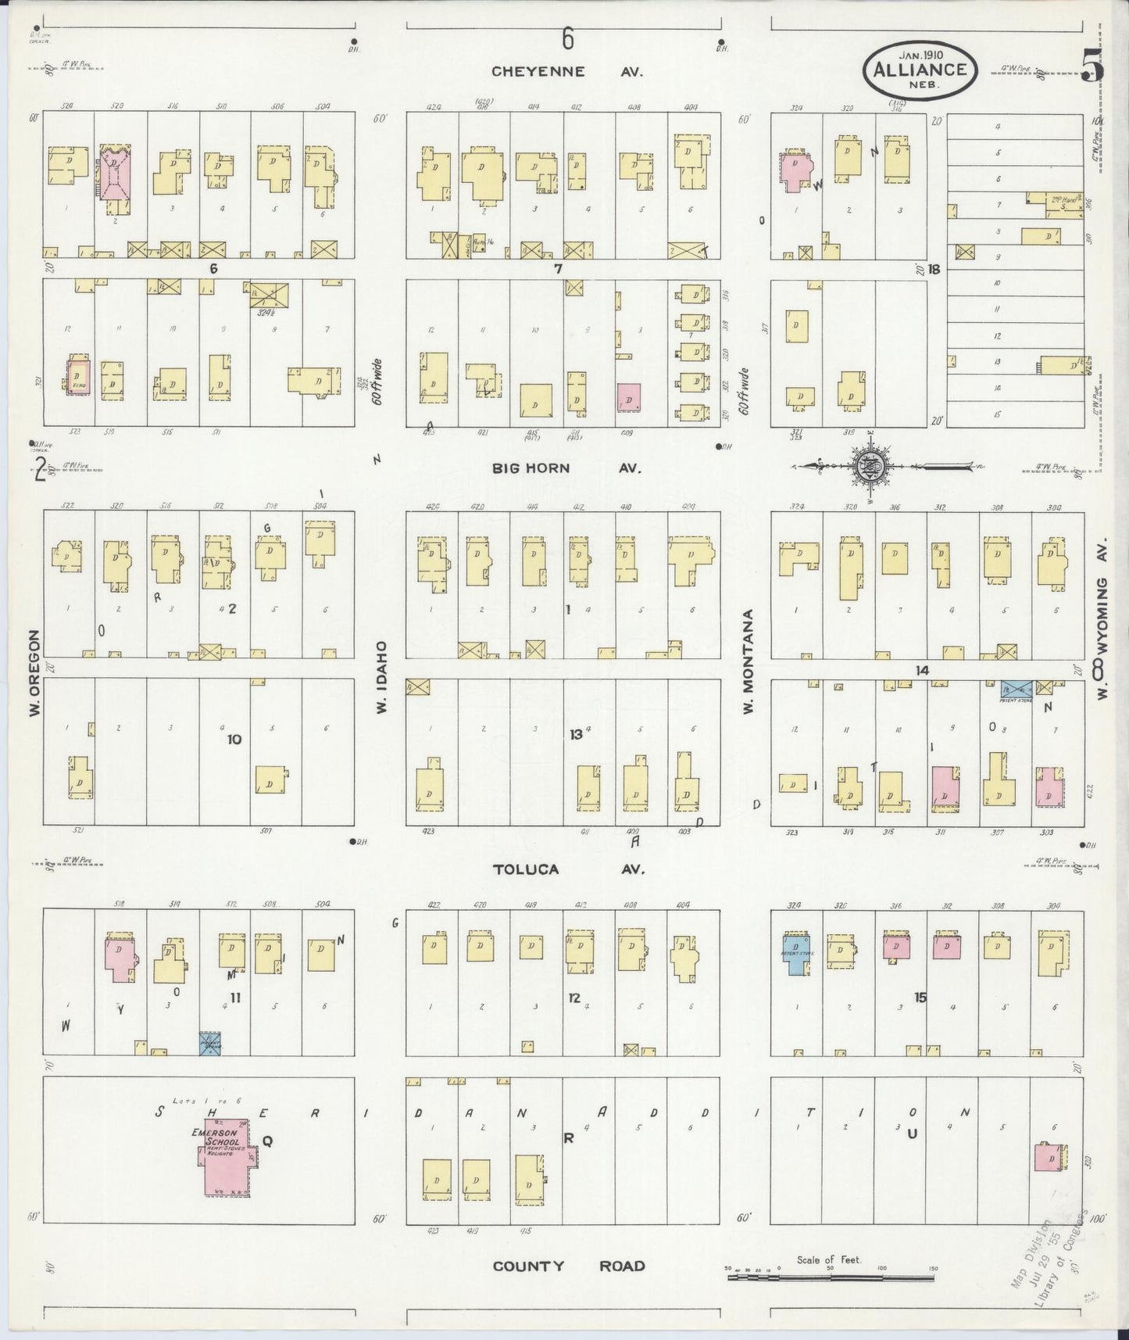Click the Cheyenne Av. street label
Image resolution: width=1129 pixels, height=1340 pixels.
(566, 71)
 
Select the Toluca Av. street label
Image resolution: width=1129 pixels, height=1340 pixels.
(569, 869)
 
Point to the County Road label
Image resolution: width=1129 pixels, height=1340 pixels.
(569, 1266)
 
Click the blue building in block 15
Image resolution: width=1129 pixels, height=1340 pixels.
(795, 954)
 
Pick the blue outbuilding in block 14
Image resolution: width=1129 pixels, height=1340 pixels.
(1016, 690)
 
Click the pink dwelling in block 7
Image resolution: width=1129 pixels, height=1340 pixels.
(628, 397)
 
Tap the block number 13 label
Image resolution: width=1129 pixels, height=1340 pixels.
(576, 734)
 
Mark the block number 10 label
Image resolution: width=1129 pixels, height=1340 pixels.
(234, 739)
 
